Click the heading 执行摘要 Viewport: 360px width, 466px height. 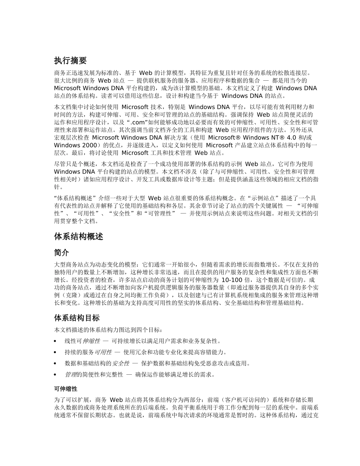70,61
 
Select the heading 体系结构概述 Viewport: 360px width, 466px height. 79,237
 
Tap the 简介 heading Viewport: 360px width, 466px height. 62,252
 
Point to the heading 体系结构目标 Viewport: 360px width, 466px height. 77,318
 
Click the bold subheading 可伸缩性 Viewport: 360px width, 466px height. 66,389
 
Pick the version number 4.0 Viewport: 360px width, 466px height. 291,138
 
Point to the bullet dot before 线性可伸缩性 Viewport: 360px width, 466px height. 56,341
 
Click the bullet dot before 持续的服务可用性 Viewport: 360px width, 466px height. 56,352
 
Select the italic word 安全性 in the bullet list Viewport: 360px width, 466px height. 121,364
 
